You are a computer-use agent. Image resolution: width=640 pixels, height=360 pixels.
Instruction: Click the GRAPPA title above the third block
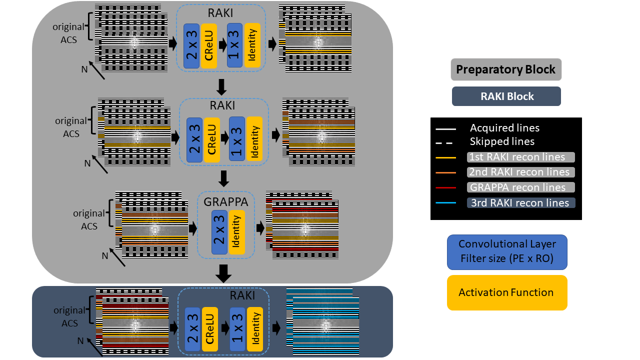225,201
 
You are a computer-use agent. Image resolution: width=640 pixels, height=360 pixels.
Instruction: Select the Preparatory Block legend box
506,69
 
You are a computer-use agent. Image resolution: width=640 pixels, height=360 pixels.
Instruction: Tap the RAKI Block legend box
506,96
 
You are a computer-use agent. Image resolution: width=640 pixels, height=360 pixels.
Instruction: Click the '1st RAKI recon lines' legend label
520,157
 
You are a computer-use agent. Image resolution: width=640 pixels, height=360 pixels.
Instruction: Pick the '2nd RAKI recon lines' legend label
520,172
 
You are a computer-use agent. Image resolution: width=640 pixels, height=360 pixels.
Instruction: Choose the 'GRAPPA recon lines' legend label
520,187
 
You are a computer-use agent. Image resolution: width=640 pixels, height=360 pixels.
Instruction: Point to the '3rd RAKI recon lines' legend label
520,202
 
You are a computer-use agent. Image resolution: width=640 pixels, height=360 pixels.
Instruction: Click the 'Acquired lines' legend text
504,128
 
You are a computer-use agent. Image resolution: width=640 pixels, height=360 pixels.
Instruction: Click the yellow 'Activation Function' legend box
507,292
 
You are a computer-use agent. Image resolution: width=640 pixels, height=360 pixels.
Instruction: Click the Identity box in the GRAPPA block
237,232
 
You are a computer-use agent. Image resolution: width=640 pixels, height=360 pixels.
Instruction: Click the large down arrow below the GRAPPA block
223,273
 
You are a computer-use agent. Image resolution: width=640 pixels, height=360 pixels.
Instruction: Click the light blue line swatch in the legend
447,202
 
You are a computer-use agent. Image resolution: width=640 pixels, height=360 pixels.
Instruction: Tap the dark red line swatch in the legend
447,187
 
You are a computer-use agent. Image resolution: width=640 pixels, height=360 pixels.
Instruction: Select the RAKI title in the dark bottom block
242,295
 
